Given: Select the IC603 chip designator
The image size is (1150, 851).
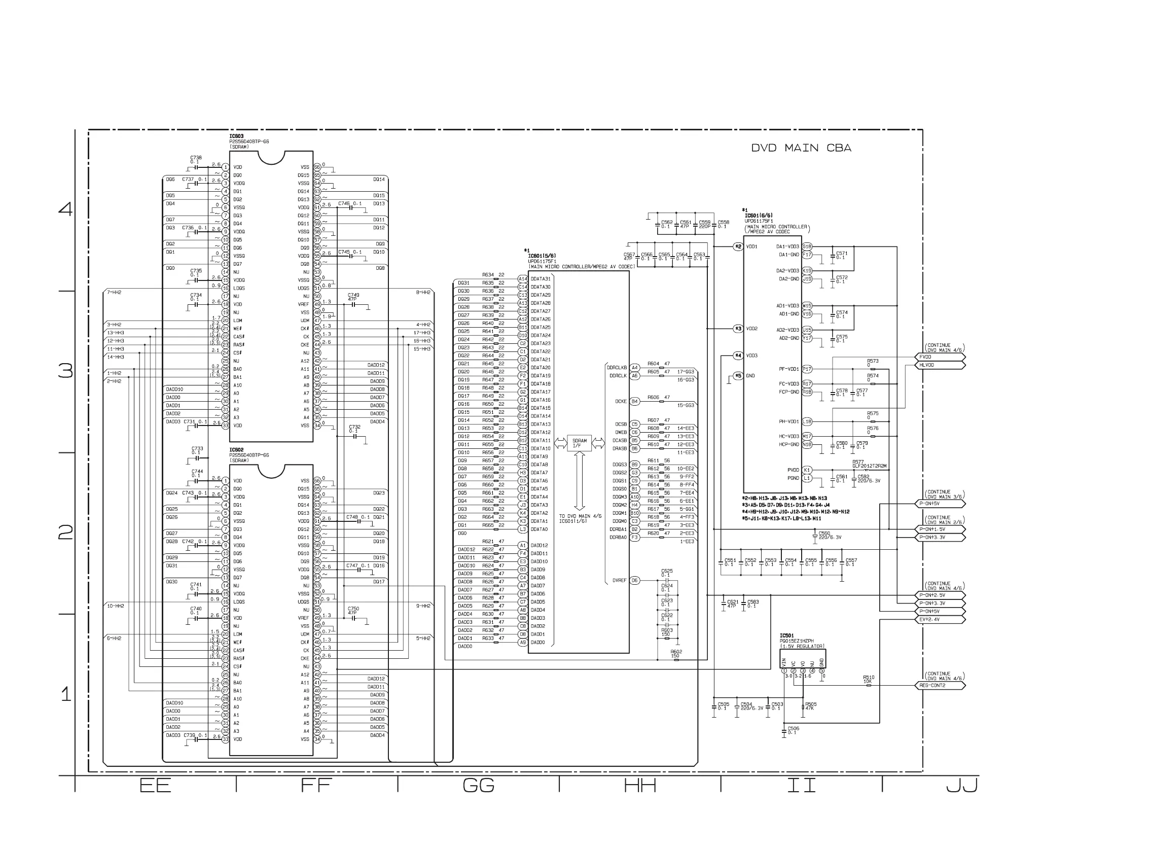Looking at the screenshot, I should [236, 136].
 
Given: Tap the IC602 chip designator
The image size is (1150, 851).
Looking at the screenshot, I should [236, 450].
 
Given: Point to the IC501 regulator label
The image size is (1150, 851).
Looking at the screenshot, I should [786, 635].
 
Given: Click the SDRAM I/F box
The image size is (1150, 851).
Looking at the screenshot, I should [580, 443].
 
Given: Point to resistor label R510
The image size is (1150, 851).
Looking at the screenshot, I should [868, 678].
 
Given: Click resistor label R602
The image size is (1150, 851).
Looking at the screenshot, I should [676, 652].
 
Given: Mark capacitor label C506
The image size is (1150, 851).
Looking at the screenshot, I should [793, 728].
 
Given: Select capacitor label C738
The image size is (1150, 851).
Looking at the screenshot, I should [196, 158].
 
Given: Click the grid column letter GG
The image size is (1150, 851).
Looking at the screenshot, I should [479, 786].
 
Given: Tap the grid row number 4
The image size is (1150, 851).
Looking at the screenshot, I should [66, 209].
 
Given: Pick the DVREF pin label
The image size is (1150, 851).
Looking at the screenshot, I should [619, 581].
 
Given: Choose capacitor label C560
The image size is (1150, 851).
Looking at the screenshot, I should [824, 533].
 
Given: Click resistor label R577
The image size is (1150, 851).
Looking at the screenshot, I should [857, 462].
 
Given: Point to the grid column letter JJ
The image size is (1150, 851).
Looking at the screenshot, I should [962, 786].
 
